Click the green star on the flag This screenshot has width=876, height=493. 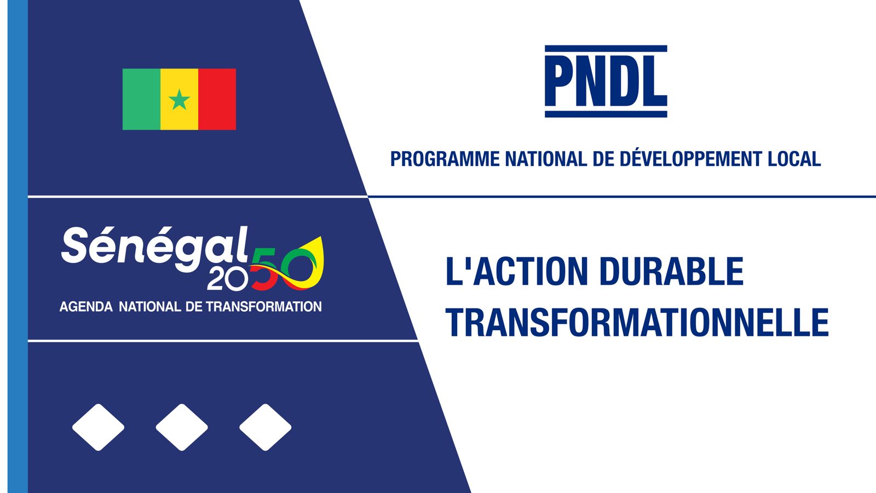(x=180, y=100)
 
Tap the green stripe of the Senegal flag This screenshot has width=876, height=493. (x=142, y=99)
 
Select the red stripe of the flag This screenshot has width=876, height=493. (x=217, y=99)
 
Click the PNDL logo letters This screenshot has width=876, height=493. (x=606, y=82)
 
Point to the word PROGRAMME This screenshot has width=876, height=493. (x=445, y=159)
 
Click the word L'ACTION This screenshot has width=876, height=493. (x=517, y=271)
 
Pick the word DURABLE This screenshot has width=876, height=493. (x=671, y=271)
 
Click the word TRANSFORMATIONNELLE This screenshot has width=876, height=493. (x=637, y=323)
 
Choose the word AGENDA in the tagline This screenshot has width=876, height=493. (x=86, y=306)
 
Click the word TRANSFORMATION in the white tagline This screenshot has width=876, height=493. (x=264, y=306)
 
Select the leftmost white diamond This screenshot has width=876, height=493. (x=98, y=427)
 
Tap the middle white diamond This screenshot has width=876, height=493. (x=182, y=427)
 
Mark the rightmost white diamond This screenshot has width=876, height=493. (x=266, y=427)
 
